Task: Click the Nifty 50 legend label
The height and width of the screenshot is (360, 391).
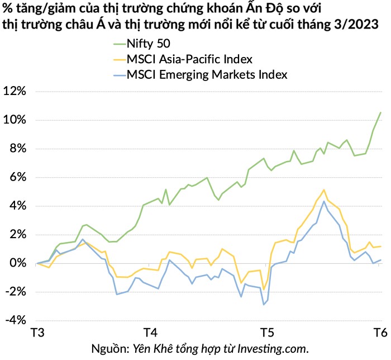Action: (149, 44)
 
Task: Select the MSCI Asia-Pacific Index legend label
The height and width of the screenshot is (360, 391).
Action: (189, 59)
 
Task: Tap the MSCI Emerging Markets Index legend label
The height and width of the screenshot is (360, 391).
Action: (207, 74)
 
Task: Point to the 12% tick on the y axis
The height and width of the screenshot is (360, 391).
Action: (15, 91)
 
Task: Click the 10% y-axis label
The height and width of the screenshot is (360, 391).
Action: (15, 120)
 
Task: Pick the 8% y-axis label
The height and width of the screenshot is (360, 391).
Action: (18, 149)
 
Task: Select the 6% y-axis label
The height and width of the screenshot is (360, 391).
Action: (18, 177)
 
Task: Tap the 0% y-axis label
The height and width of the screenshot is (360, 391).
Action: (18, 263)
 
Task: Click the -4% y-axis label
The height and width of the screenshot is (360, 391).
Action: (16, 320)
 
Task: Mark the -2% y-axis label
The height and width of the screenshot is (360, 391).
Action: (16, 292)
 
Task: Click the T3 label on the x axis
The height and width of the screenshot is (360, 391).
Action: (37, 333)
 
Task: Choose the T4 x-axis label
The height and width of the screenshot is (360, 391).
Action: (150, 333)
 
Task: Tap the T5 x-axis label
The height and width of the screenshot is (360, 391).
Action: (268, 333)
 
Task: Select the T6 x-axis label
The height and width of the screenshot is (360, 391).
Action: (380, 333)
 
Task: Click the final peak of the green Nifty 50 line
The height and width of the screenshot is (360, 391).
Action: (380, 112)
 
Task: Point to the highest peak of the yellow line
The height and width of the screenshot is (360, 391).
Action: (323, 190)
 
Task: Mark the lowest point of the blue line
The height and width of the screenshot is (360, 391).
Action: (264, 305)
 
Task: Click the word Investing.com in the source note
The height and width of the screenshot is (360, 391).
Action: (273, 349)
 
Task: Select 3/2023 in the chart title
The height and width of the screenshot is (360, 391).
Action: (356, 25)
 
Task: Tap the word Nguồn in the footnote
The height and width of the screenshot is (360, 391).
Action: (110, 349)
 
